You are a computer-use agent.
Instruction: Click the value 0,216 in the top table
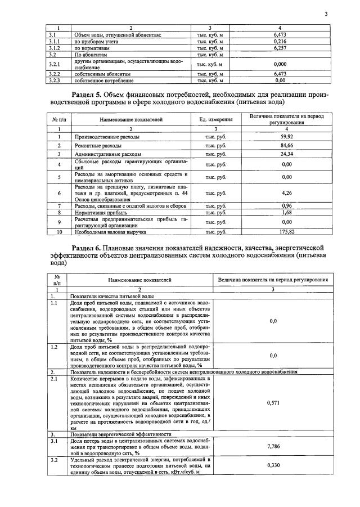coord(280,41)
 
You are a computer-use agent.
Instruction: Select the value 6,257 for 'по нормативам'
coord(280,48)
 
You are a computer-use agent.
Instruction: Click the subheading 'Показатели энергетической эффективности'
coord(120,434)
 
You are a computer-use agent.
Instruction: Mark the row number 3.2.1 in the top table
coord(54,64)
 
